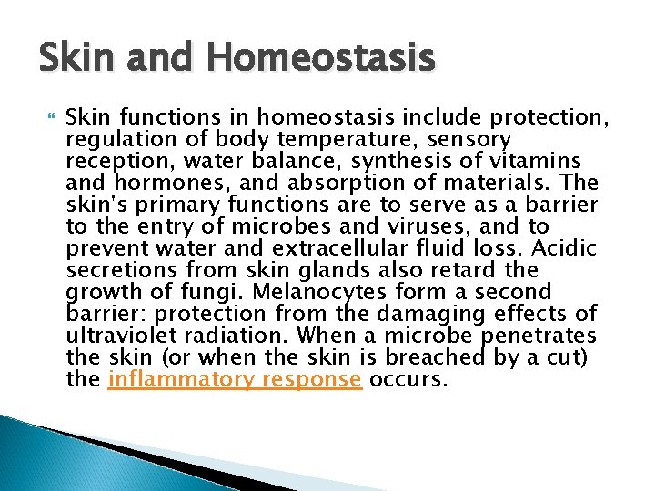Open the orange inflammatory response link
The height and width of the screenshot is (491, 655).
235,380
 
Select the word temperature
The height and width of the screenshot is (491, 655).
331,139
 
